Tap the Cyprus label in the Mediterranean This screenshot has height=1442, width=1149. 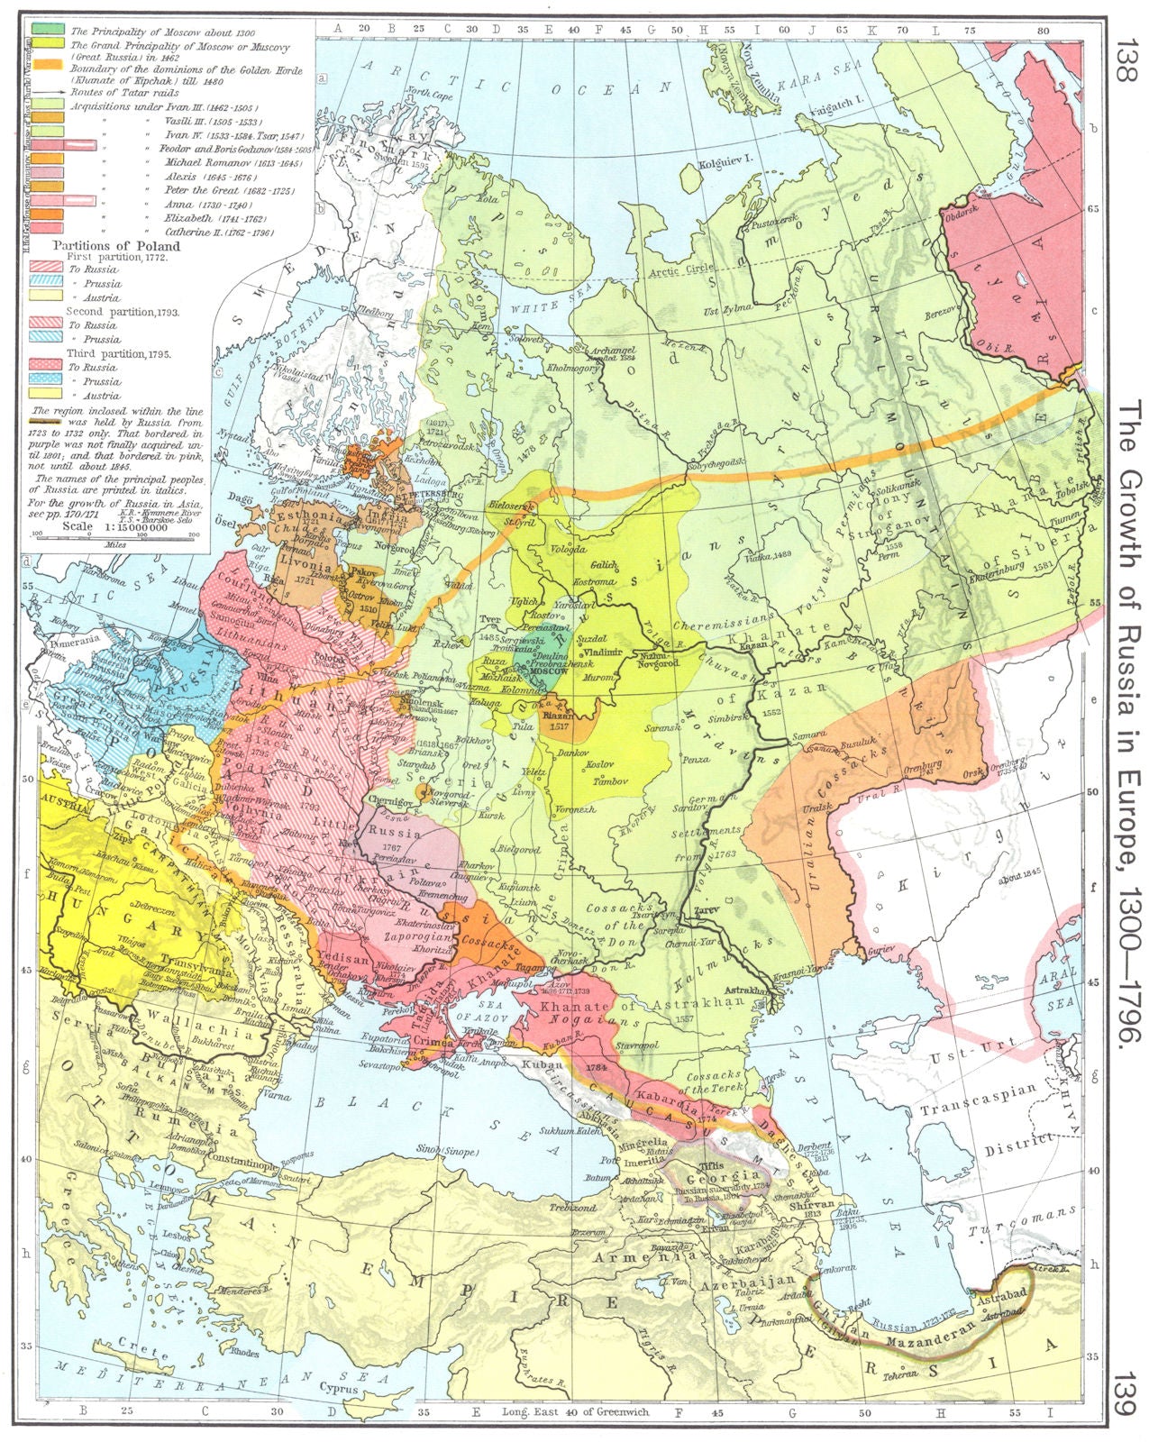339,1388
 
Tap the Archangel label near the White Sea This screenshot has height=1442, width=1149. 611,349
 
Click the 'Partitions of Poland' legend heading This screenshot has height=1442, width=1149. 116,245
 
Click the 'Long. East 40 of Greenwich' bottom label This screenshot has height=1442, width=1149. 576,1412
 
